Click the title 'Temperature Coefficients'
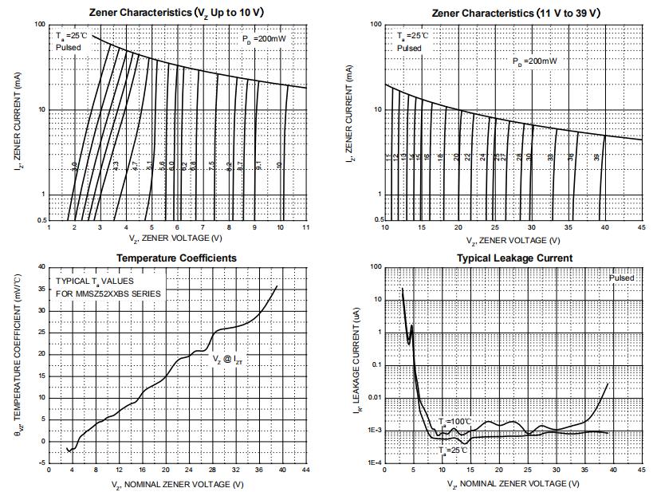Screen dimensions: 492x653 pyautogui.click(x=176, y=258)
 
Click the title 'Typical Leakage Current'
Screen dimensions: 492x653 pyautogui.click(x=514, y=258)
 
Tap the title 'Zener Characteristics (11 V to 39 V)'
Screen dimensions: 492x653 pyautogui.click(x=513, y=13)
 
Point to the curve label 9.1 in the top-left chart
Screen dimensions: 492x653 pyautogui.click(x=259, y=165)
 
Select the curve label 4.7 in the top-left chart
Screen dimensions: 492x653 pyautogui.click(x=136, y=165)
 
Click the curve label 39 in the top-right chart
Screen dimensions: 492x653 pyautogui.click(x=597, y=158)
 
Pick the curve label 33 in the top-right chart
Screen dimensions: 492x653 pyautogui.click(x=551, y=158)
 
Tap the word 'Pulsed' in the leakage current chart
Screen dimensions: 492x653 pyautogui.click(x=621, y=278)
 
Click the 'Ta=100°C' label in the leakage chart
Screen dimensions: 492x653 pyautogui.click(x=455, y=420)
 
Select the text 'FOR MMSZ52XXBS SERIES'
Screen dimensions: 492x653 pyautogui.click(x=108, y=293)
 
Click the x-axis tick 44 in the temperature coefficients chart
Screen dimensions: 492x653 pyautogui.click(x=306, y=470)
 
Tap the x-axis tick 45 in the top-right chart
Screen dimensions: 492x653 pyautogui.click(x=642, y=228)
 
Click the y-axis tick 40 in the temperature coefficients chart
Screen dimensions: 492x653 pyautogui.click(x=41, y=266)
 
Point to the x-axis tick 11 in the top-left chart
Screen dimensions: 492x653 pyautogui.click(x=306, y=228)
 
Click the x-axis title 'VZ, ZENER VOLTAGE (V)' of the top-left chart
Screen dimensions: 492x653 pyautogui.click(x=176, y=238)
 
